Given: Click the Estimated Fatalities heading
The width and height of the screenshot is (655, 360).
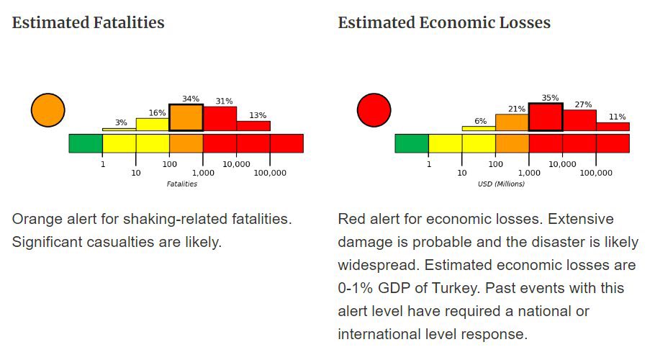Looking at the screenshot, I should (88, 23).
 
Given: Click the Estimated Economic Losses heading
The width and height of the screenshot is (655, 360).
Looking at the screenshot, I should (444, 23).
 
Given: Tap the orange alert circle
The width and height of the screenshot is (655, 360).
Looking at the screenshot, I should (48, 110).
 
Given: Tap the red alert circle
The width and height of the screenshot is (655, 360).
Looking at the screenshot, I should (374, 110).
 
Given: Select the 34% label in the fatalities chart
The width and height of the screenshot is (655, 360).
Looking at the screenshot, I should (191, 99).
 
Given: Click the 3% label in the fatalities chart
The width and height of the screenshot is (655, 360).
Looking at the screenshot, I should (121, 123).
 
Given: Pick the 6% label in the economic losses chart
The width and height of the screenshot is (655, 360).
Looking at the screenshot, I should (480, 121).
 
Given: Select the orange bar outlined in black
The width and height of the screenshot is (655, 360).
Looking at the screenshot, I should (186, 118).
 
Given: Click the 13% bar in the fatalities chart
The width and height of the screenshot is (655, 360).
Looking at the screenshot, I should (253, 125).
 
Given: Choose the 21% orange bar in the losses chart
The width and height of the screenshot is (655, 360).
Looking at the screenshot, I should (512, 122).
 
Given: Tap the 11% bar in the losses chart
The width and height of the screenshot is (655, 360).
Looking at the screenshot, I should (613, 127).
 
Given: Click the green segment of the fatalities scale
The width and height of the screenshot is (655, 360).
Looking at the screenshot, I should (86, 143).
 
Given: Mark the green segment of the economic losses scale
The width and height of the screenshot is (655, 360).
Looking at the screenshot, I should (412, 143).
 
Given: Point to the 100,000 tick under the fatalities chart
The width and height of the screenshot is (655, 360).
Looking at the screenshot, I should (270, 174).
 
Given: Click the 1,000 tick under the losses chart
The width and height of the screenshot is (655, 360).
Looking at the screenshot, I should (528, 174).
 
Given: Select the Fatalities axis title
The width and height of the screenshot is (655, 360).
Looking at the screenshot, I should (181, 184).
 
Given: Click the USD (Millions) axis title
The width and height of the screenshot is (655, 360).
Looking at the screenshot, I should (501, 184).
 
